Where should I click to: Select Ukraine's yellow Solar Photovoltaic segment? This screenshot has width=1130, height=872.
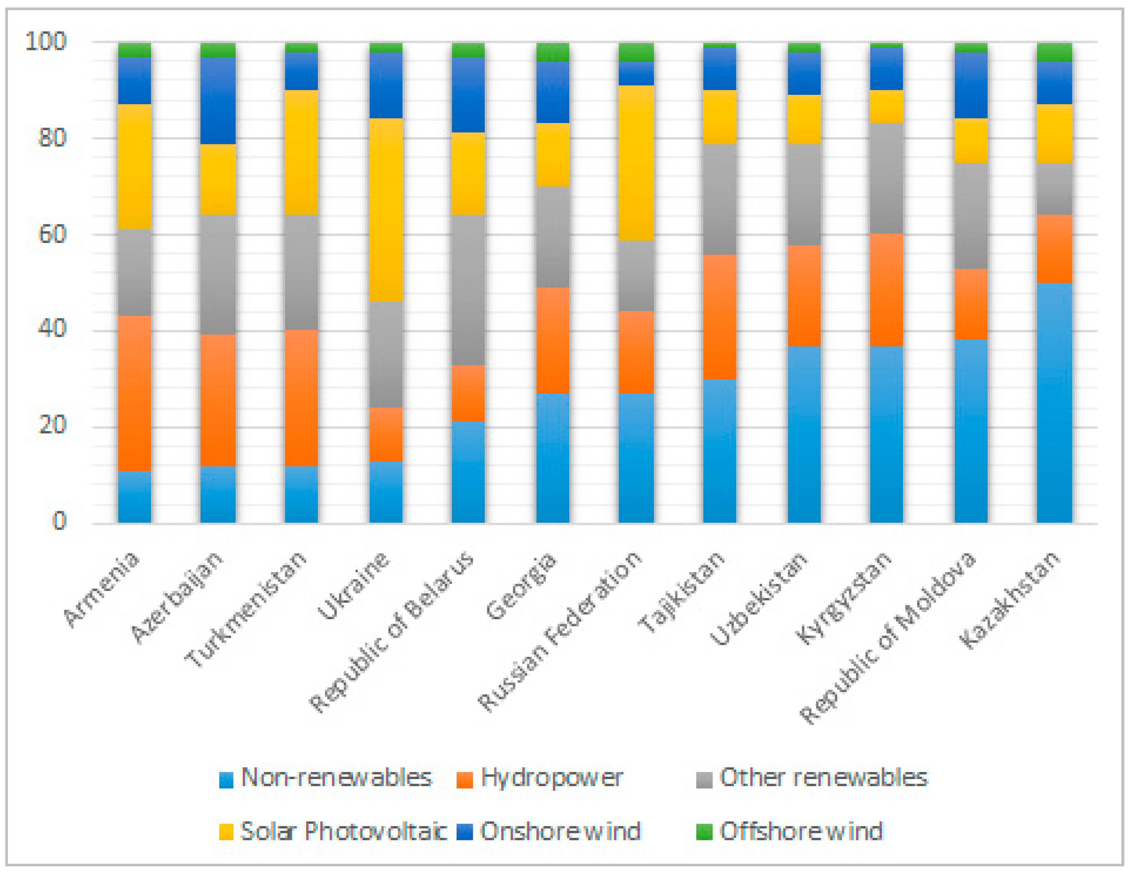click(x=386, y=210)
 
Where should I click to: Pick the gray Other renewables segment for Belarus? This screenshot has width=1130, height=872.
click(x=468, y=290)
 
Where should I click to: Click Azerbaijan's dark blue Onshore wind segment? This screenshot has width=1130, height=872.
click(x=218, y=100)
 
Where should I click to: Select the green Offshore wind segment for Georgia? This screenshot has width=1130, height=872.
click(x=552, y=52)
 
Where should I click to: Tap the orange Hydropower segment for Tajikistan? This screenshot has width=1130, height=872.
click(x=720, y=316)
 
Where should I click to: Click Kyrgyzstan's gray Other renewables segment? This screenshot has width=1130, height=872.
click(x=886, y=178)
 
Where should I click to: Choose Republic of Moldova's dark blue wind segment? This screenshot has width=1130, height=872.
click(x=971, y=85)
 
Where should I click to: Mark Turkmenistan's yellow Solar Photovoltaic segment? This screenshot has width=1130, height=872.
click(x=302, y=152)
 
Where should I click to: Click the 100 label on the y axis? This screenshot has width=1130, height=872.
click(x=46, y=41)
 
